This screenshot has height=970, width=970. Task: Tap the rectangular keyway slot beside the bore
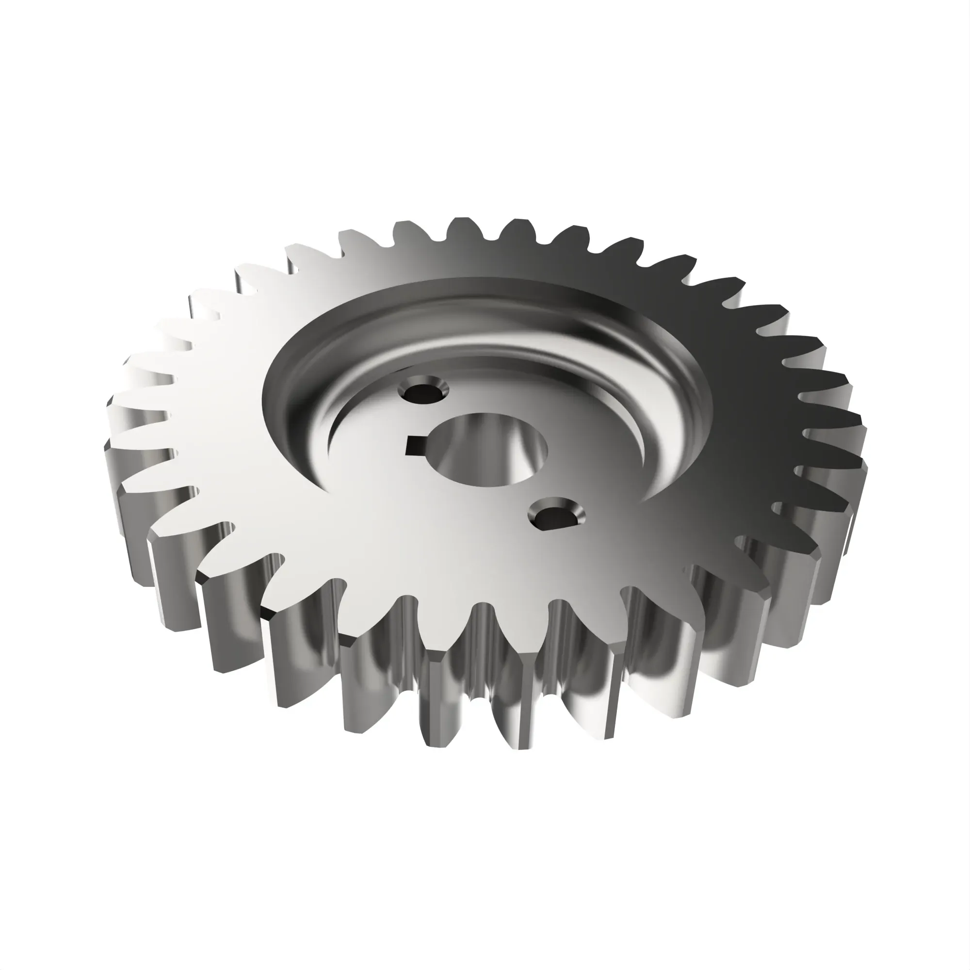pos(416,444)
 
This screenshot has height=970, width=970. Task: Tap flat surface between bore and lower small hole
pos(522,495)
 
